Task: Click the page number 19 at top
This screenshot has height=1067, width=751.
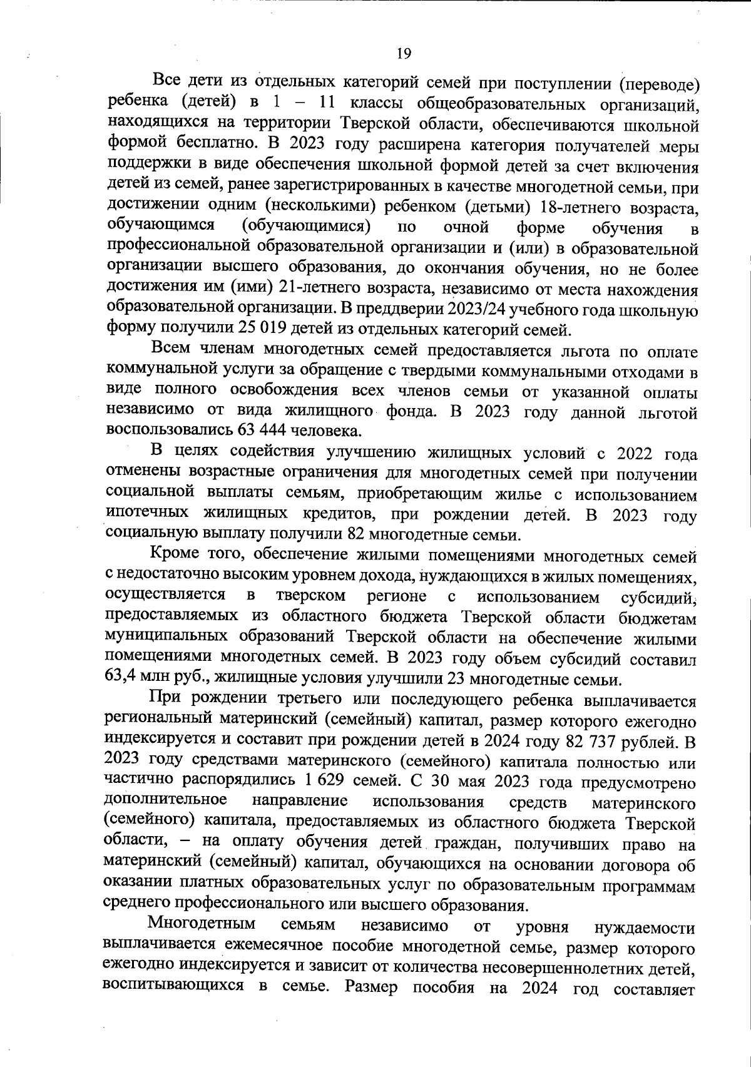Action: coord(404,54)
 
